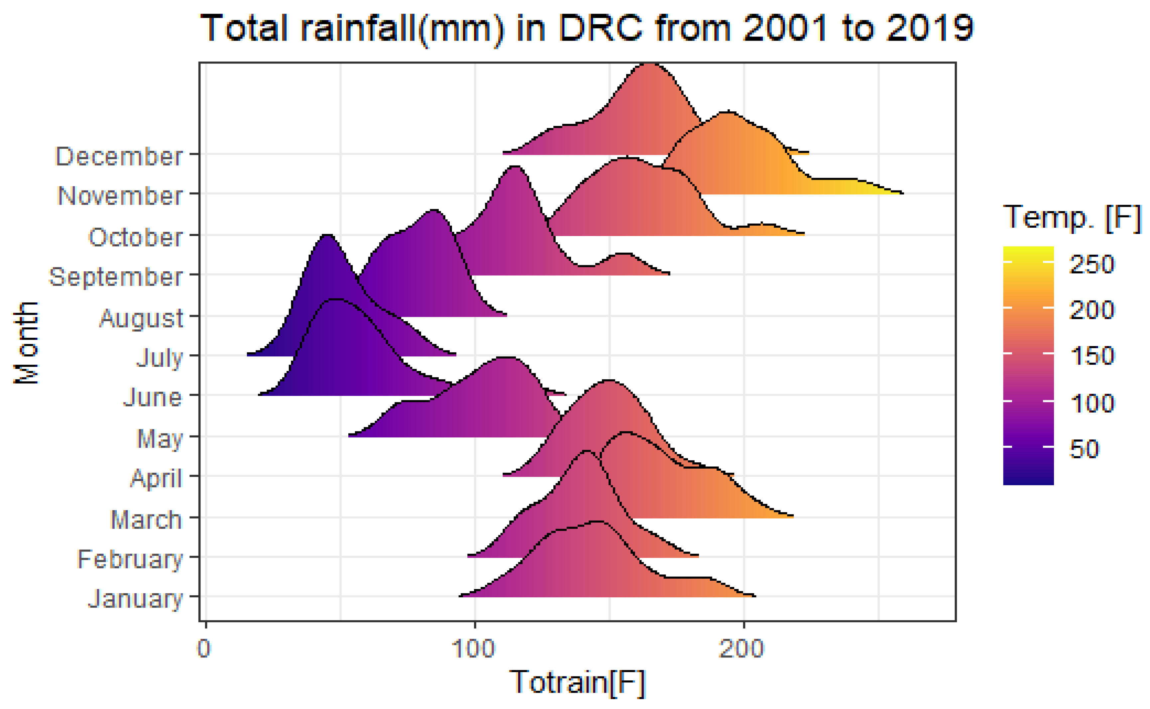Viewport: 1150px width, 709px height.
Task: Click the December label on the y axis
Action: tap(119, 156)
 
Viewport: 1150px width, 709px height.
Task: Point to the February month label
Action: tap(129, 559)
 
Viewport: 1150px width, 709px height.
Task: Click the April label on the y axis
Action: tap(156, 478)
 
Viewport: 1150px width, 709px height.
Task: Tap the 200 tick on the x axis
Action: tap(742, 649)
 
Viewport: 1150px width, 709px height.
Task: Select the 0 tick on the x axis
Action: tap(204, 649)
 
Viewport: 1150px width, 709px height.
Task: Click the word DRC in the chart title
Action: tap(601, 28)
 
